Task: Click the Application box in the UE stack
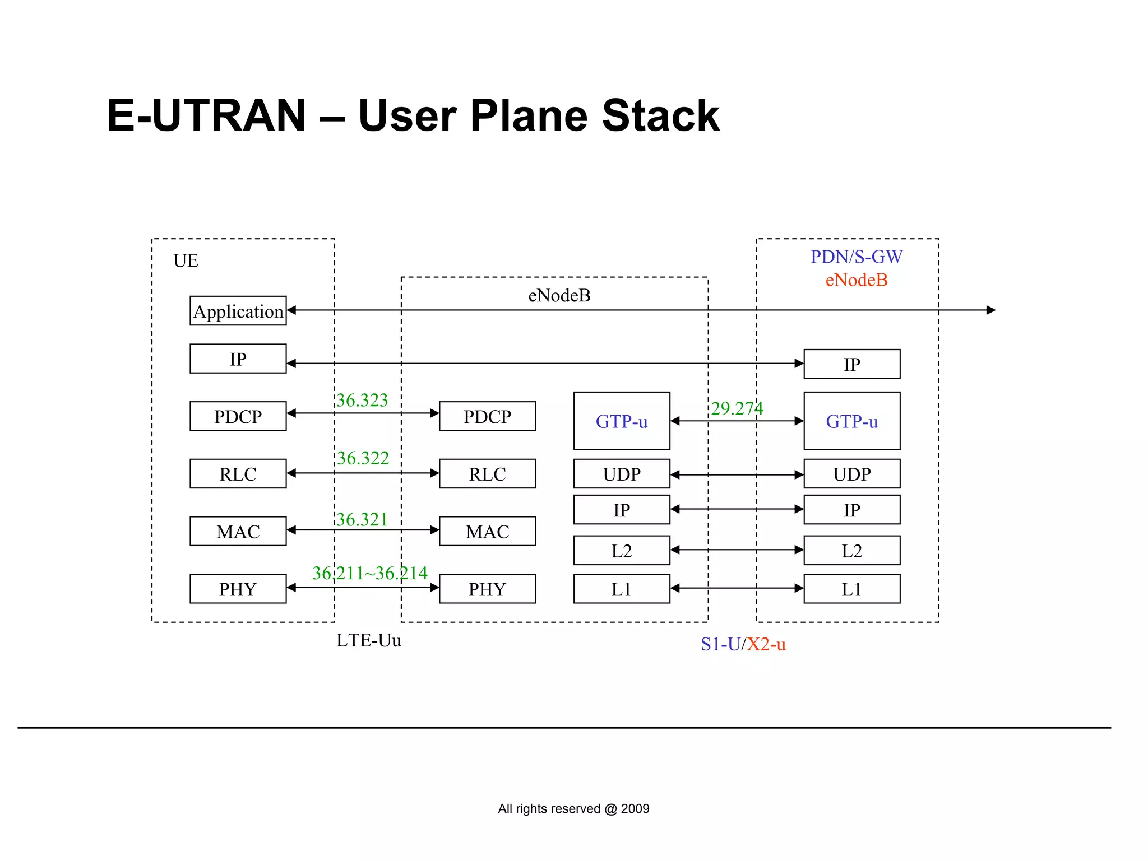(x=238, y=311)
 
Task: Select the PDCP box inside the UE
(x=238, y=416)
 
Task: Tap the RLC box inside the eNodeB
(x=487, y=474)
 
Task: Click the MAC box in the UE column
(x=238, y=531)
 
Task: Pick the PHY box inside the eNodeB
(x=487, y=589)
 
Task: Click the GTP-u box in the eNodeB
(x=622, y=421)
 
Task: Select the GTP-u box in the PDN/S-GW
(x=851, y=421)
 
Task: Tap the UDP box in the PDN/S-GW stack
(x=851, y=474)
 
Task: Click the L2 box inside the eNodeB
(x=622, y=551)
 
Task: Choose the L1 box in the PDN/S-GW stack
(x=851, y=589)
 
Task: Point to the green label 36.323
(x=362, y=400)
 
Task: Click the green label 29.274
(x=737, y=408)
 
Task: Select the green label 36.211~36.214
(x=370, y=573)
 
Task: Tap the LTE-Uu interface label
(x=368, y=640)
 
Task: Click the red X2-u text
(x=766, y=644)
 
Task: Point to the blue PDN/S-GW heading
(x=856, y=257)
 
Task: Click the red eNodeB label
(x=856, y=280)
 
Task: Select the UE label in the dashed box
(x=186, y=261)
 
